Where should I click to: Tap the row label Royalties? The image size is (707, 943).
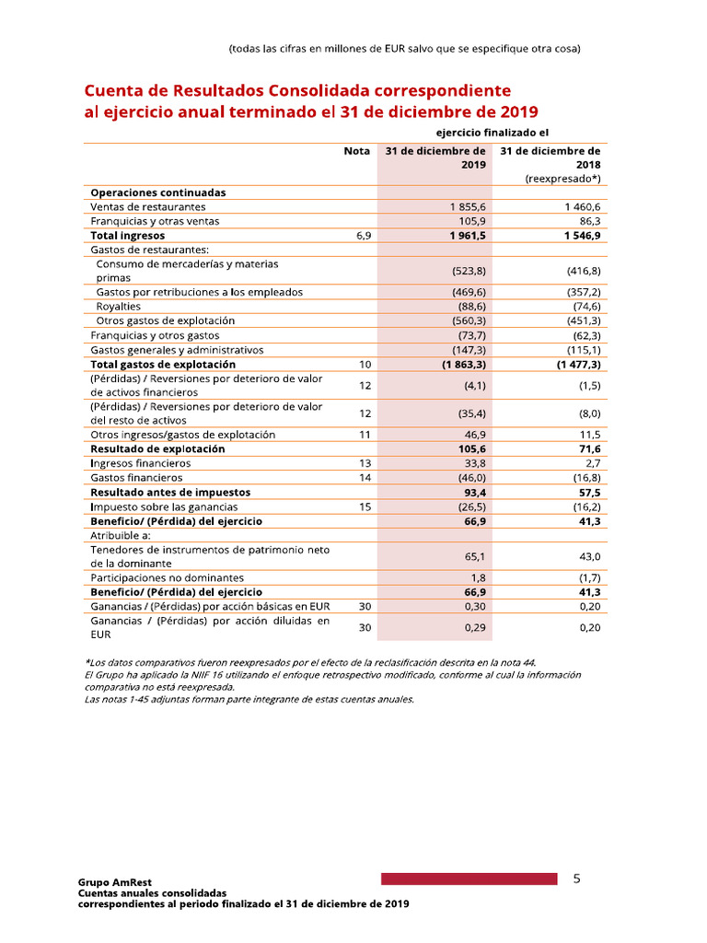click(119, 306)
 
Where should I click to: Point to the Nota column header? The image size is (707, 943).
click(356, 151)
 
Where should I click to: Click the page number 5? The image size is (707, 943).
click(576, 879)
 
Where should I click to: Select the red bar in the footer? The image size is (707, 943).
click(469, 879)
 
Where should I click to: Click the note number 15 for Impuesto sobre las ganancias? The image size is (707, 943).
click(365, 506)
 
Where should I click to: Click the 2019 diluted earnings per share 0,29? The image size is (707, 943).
click(475, 627)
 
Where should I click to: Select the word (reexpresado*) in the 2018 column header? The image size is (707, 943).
click(562, 179)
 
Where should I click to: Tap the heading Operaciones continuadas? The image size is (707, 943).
click(158, 192)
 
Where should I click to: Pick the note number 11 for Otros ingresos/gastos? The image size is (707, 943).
click(365, 435)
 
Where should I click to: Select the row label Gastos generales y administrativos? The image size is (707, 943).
click(177, 350)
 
